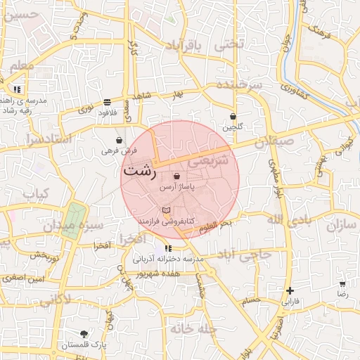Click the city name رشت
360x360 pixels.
(139, 172)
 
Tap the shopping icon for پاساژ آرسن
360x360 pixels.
(176, 176)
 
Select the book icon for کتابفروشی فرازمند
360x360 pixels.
(166, 210)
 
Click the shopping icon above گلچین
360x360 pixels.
(233, 117)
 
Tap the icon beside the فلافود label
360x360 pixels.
(106, 101)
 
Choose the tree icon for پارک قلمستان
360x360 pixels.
(85, 334)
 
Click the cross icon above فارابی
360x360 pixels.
(290, 290)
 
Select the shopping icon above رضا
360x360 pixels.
(342, 285)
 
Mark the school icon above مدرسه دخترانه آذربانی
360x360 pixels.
(168, 248)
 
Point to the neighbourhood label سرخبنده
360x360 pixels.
(239, 84)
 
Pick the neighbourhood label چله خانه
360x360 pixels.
(191, 328)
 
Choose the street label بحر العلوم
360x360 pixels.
(214, 224)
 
